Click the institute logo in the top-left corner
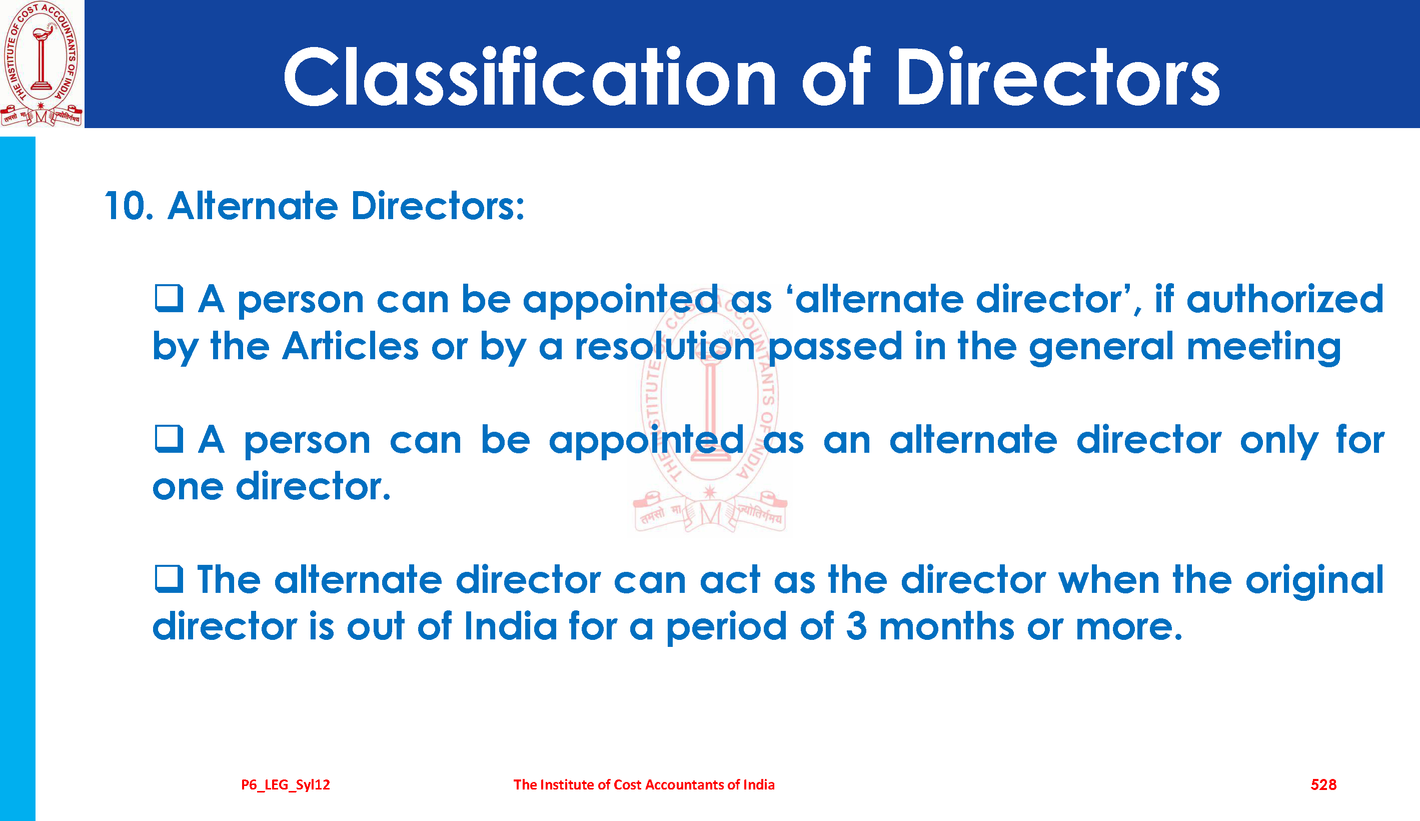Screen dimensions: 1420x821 tap(42, 64)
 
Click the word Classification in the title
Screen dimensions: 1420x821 tap(530, 77)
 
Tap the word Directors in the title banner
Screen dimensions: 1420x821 tap(1057, 77)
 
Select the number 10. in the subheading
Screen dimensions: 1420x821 tap(129, 206)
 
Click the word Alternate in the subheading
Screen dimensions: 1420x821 tap(253, 206)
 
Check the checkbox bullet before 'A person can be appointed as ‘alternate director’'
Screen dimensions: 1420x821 tap(169, 299)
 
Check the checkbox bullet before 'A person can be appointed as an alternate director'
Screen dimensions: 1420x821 tap(169, 439)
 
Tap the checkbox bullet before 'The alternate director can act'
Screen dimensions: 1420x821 tap(169, 579)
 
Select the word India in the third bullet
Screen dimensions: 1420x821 tap(511, 626)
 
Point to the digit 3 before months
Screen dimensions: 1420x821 tap(856, 626)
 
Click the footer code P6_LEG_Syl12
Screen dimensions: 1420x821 tap(286, 785)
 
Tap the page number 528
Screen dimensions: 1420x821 tap(1323, 785)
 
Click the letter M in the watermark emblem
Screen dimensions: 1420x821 tap(710, 513)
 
